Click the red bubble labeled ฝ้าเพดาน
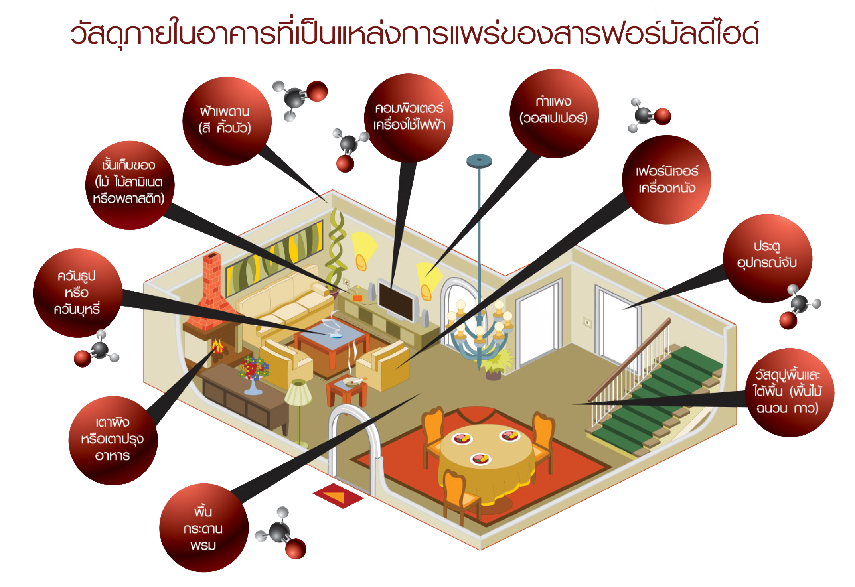pos(226,120)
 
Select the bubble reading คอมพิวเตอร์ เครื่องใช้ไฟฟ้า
pos(409,117)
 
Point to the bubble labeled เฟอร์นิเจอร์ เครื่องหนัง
pos(666,179)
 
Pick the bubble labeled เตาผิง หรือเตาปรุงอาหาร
pos(113,440)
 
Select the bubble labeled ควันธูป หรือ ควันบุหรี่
pos(77,292)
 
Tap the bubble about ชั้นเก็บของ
pos(129,185)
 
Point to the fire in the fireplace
pos(217,346)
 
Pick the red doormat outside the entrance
pos(338,496)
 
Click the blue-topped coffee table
pos(331,339)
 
